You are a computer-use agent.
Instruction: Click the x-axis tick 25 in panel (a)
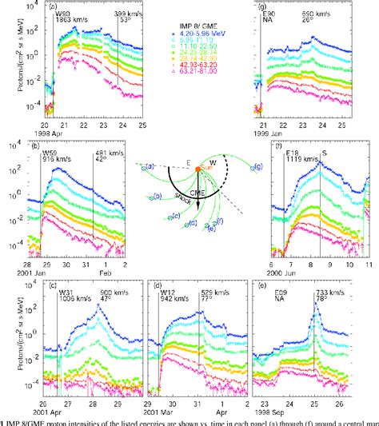coord(141,125)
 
